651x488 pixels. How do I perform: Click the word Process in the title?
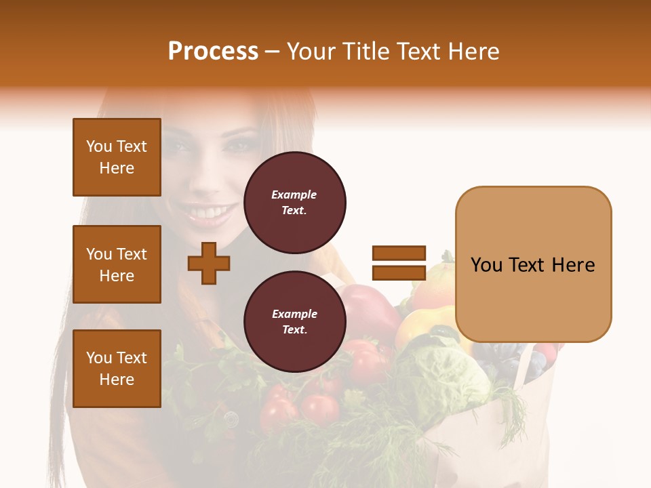(213, 52)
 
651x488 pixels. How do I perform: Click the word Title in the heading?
(368, 52)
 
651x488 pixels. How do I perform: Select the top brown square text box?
(117, 157)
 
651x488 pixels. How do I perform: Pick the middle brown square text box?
(117, 264)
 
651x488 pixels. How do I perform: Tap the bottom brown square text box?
(117, 369)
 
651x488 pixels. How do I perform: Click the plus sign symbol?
(209, 263)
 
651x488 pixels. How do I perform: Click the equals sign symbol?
(399, 263)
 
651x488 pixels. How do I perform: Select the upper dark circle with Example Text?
(294, 203)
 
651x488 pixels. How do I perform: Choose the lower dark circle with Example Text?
(294, 322)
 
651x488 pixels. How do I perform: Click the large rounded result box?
(533, 264)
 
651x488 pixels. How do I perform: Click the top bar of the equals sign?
(399, 253)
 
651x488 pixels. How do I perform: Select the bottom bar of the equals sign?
(399, 272)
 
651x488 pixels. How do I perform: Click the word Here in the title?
(473, 52)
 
